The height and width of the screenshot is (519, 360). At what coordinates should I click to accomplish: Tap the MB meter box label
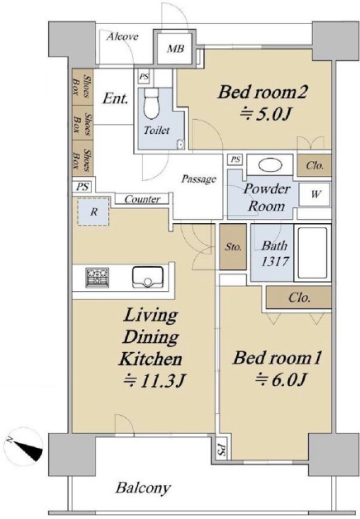[175, 49]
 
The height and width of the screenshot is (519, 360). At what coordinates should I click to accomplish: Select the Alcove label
[122, 36]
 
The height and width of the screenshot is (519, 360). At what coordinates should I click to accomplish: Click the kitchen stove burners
[97, 277]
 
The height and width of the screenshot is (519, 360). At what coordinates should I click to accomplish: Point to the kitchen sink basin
[148, 277]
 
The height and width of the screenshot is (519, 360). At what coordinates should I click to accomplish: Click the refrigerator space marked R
[93, 212]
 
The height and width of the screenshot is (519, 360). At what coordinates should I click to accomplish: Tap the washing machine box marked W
[315, 194]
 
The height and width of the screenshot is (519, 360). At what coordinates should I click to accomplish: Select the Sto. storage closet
[233, 246]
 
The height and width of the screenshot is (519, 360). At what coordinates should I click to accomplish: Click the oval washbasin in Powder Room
[270, 165]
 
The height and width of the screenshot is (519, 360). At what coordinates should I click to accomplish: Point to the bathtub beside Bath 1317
[312, 253]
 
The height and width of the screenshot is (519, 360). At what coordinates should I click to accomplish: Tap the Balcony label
[143, 488]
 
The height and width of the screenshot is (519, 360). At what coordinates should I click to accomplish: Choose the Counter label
[142, 199]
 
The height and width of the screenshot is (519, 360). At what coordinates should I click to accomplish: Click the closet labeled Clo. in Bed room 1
[299, 298]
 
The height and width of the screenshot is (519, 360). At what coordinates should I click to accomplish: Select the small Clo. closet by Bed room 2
[314, 165]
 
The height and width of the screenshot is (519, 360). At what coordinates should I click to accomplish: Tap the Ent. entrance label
[115, 98]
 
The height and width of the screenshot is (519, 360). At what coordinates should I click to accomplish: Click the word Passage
[199, 179]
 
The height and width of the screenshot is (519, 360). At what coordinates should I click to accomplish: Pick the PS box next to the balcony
[220, 449]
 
